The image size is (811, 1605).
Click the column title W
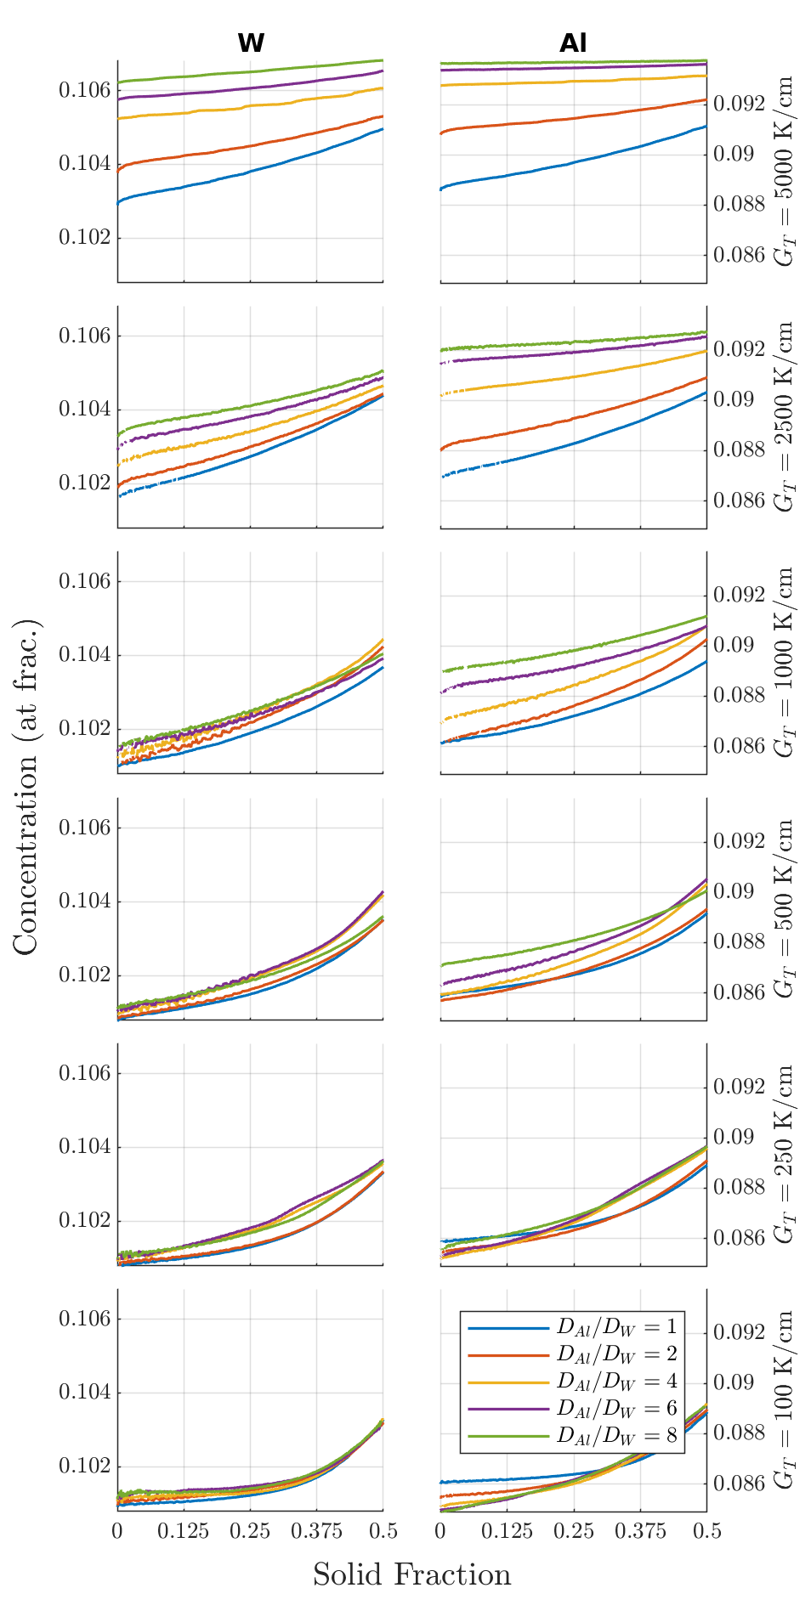coord(250,43)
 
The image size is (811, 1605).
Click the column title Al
coord(573,43)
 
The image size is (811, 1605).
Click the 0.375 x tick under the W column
coord(316,1531)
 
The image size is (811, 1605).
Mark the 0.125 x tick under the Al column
coord(507,1531)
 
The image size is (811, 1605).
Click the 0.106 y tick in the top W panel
coord(84,90)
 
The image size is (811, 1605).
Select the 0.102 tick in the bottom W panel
coord(84,1466)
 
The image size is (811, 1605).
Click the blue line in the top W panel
coord(250,172)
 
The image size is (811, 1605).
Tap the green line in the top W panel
coord(250,72)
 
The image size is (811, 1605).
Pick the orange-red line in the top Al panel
coord(573,120)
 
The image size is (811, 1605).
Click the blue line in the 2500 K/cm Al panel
coord(573,443)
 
